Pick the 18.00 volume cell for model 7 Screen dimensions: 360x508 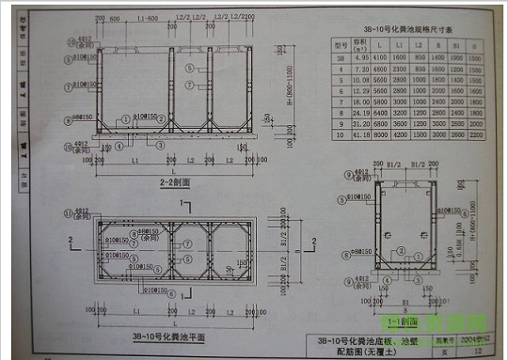click(x=360, y=103)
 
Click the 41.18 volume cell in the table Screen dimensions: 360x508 click(x=360, y=136)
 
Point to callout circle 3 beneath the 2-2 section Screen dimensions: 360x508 click(x=161, y=146)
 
